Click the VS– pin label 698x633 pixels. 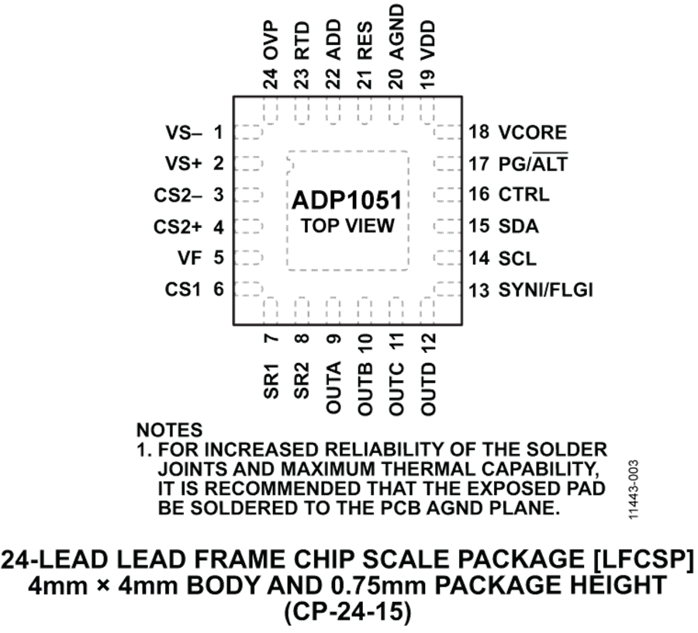[183, 133]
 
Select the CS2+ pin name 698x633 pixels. [178, 227]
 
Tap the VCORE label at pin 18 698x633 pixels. [533, 133]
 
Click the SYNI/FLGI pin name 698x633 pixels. [546, 290]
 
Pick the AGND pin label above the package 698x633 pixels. [396, 32]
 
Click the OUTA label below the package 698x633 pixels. [333, 387]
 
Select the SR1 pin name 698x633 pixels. [271, 381]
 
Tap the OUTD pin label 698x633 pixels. [428, 389]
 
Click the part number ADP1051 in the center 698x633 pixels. [347, 200]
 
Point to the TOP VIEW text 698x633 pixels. [347, 226]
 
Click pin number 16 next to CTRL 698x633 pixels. [479, 195]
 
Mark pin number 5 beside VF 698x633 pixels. [218, 258]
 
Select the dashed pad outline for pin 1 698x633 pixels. [248, 132]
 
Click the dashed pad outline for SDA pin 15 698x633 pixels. [447, 227]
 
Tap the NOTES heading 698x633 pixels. [169, 431]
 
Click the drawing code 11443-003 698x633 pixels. [634, 489]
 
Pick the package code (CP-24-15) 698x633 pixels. [347, 612]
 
